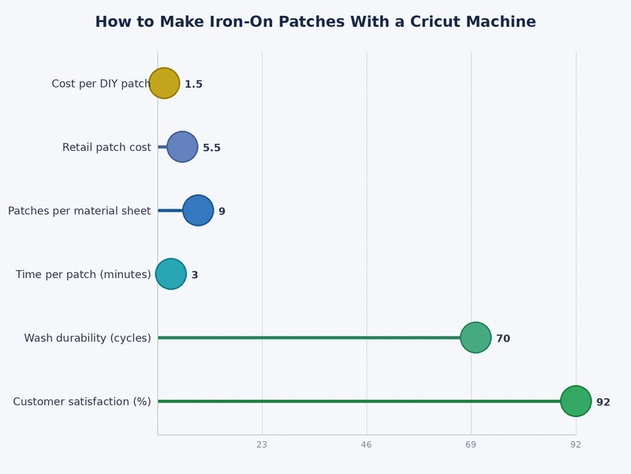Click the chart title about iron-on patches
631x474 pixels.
(x=315, y=22)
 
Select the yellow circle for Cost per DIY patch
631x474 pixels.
(x=164, y=83)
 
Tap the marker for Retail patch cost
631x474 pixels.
(x=182, y=147)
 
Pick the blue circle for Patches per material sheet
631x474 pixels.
(x=198, y=210)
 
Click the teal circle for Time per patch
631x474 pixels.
(x=171, y=274)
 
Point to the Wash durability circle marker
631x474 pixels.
(x=476, y=337)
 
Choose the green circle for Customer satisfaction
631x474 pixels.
(x=576, y=401)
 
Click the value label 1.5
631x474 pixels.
(x=193, y=85)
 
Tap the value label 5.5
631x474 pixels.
(x=211, y=148)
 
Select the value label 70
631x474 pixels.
(x=502, y=339)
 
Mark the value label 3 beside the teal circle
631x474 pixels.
(x=195, y=275)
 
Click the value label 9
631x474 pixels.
(x=222, y=212)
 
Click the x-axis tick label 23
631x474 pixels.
(x=262, y=446)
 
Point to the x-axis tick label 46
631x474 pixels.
(x=366, y=446)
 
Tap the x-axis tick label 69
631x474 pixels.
(x=471, y=446)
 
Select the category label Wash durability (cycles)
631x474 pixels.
(x=88, y=338)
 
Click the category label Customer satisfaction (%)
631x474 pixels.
(x=82, y=402)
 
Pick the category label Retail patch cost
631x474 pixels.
(x=106, y=148)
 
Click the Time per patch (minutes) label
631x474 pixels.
(x=83, y=275)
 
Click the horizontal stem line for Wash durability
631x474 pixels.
(x=315, y=337)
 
